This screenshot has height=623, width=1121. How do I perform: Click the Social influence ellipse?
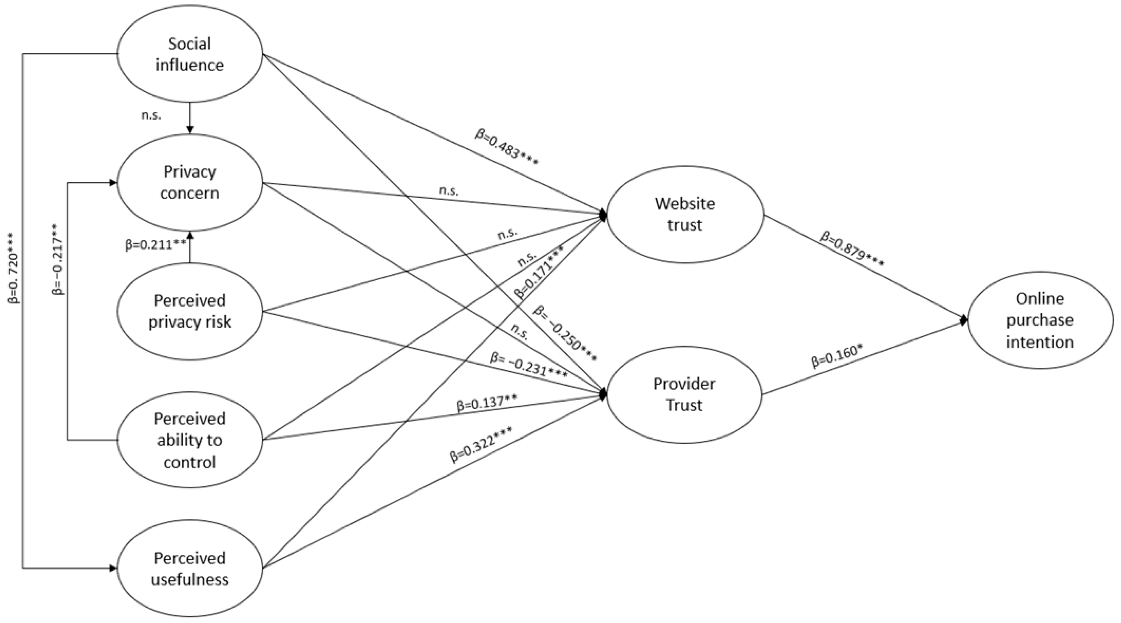(x=190, y=54)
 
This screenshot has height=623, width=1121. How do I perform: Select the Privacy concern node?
(x=190, y=182)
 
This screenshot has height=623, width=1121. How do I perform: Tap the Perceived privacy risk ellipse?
(x=190, y=311)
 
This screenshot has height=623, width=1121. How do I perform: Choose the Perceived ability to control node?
(x=190, y=440)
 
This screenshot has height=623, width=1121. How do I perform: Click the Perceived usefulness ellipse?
(x=190, y=569)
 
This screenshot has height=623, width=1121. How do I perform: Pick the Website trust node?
(x=685, y=214)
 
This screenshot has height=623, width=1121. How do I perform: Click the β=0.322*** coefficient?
(x=480, y=444)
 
